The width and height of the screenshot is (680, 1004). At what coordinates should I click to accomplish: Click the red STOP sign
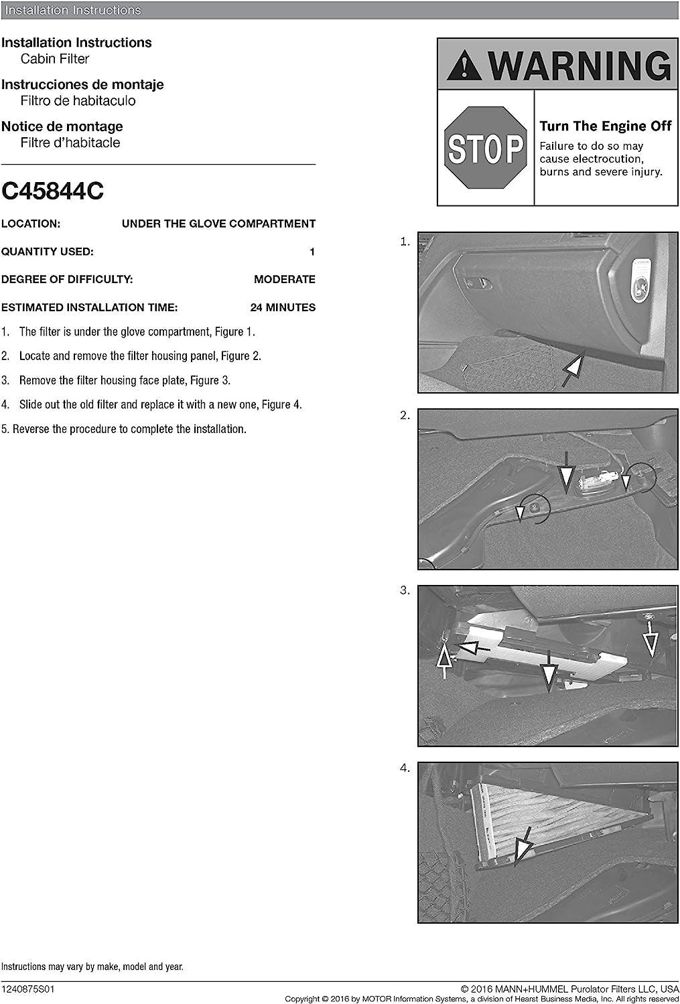coord(486,148)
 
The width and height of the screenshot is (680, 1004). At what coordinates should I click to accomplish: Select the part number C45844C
coord(53,191)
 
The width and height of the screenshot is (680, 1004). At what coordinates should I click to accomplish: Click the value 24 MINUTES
coord(283,308)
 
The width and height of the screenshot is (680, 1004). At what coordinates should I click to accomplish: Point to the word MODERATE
coord(285,280)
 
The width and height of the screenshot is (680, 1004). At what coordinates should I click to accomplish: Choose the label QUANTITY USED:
coord(48,252)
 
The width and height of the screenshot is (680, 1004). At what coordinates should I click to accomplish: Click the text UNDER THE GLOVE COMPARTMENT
coord(218,224)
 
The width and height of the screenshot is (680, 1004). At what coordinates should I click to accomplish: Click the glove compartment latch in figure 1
coord(474,282)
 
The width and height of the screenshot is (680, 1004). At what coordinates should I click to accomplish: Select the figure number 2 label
coord(405,416)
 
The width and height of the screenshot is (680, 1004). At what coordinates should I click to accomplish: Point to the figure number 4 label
coord(405,768)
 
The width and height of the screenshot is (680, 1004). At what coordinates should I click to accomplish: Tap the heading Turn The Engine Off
coord(606,127)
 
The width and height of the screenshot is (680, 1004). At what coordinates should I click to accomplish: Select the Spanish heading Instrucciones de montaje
coord(82,85)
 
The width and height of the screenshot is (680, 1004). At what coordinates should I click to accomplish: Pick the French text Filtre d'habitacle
coord(70,143)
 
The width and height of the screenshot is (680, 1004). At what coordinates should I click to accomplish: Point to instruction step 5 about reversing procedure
coord(124,429)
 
